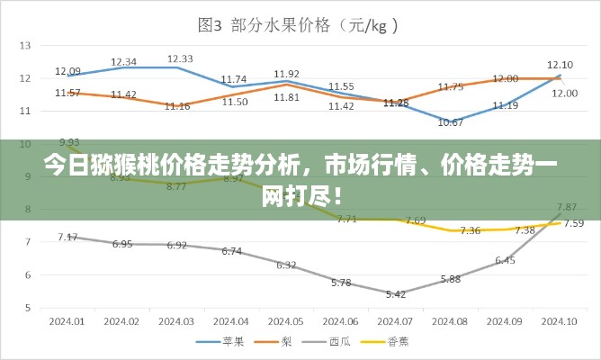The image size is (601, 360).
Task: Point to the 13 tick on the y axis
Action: click(x=25, y=45)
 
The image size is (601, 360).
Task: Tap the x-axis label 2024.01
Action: click(x=67, y=321)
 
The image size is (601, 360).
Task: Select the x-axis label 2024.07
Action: click(x=396, y=321)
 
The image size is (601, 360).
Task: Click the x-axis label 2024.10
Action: click(x=559, y=321)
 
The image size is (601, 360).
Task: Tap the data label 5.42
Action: click(x=396, y=293)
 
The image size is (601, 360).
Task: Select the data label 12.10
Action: click(x=560, y=64)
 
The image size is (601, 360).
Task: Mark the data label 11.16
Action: click(x=177, y=106)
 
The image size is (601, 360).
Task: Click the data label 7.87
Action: click(x=567, y=206)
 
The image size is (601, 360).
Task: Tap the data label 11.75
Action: click(x=451, y=87)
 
